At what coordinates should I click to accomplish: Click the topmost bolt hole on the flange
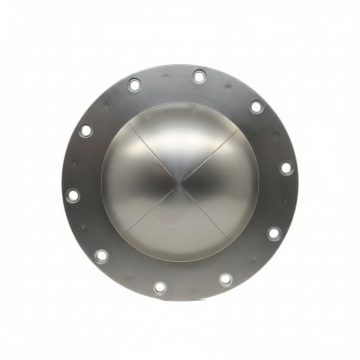199,76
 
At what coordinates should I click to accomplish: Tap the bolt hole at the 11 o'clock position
134,85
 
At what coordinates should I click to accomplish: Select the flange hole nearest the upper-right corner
256,107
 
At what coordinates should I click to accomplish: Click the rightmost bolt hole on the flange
286,168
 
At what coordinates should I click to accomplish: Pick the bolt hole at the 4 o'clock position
274,233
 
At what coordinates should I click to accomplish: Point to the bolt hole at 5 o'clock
225,279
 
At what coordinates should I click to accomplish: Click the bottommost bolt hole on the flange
160,287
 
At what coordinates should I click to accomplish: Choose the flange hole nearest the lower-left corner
102,256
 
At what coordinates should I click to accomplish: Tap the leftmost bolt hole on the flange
73,194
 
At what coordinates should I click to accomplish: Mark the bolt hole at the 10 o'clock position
85,130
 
